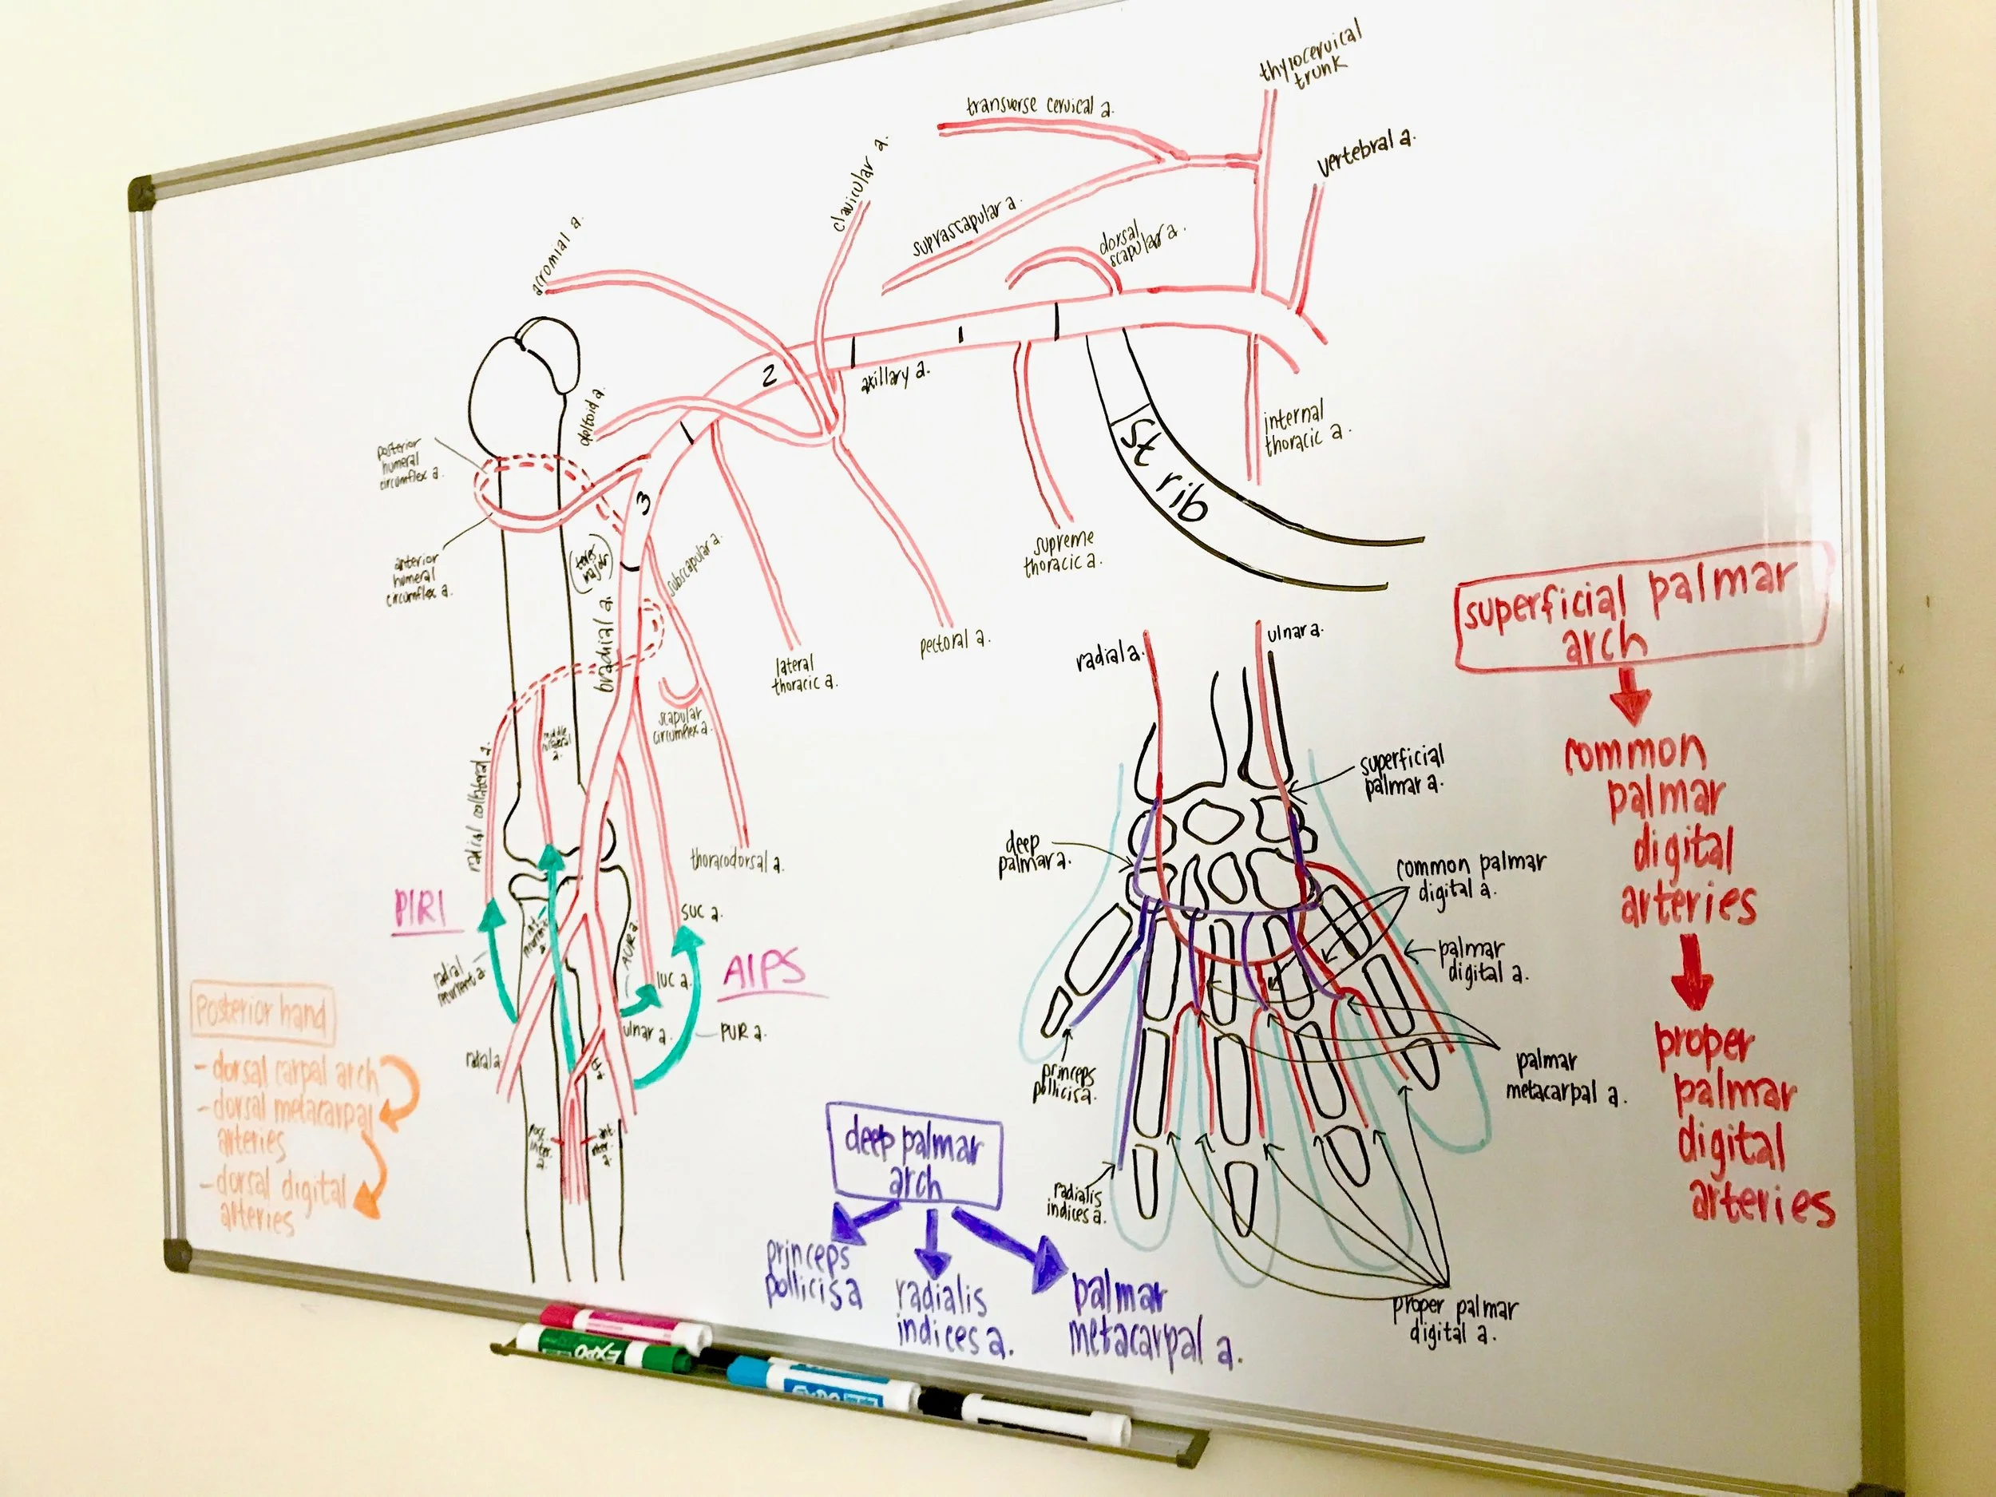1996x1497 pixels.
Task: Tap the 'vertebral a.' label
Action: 1364,152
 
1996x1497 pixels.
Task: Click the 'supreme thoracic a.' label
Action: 1062,552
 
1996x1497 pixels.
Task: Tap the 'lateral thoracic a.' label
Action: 802,675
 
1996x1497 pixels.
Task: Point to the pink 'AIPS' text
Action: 763,972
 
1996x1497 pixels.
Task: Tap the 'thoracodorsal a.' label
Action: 736,860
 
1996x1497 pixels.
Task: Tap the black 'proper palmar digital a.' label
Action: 1453,1320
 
